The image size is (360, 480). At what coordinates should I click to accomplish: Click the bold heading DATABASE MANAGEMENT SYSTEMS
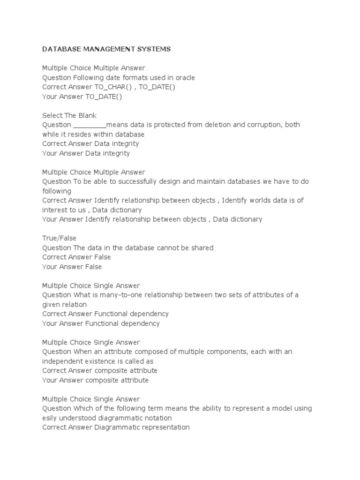click(106, 49)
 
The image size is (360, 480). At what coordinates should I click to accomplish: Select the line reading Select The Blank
click(69, 115)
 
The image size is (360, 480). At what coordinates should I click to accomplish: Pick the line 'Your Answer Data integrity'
click(86, 153)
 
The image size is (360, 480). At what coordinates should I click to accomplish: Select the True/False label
click(59, 238)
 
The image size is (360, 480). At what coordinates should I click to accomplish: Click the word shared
click(202, 247)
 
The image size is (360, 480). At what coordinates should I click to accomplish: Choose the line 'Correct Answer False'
click(76, 257)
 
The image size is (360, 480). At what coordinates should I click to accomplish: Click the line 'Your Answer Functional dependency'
click(101, 323)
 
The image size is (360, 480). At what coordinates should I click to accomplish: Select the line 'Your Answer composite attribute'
click(95, 380)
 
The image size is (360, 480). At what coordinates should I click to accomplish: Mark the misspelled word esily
click(50, 418)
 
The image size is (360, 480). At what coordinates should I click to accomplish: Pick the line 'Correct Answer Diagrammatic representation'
click(116, 427)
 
